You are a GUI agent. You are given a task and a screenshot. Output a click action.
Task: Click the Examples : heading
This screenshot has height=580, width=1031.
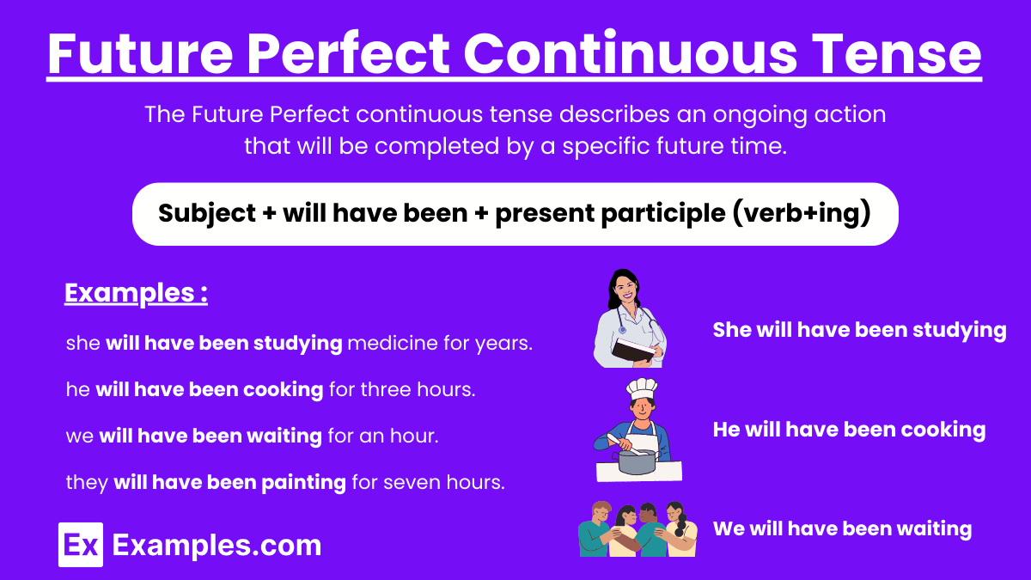pos(137,294)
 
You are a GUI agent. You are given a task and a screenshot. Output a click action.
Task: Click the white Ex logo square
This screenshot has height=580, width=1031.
pos(81,545)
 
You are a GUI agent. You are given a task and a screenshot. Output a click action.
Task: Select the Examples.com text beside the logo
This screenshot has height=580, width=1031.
pos(217,545)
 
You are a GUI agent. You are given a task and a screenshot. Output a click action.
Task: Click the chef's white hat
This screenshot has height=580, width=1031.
pos(642,390)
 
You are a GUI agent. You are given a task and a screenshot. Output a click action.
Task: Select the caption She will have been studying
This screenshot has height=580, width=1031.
pos(859,330)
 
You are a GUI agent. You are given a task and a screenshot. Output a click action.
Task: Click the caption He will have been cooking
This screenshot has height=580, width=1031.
pos(849,430)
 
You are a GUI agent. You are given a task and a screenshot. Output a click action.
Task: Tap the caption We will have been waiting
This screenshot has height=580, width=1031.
pos(842,529)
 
